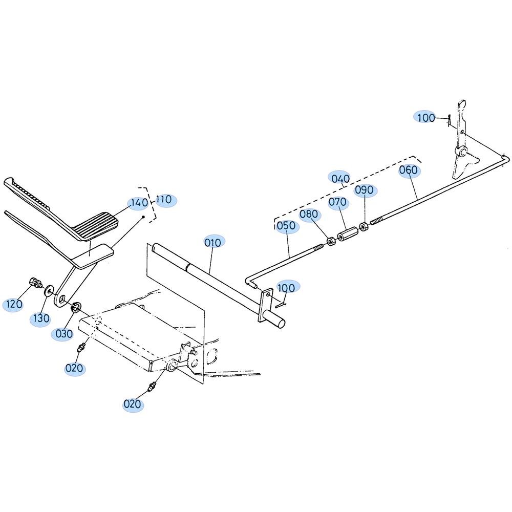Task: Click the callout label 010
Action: click(213, 243)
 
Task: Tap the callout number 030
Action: click(64, 334)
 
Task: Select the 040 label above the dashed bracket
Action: click(340, 179)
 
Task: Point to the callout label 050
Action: click(286, 226)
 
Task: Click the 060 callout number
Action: click(408, 170)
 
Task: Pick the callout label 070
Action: click(337, 202)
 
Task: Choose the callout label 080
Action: click(309, 214)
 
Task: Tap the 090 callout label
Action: click(364, 190)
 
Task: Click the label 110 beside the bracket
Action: click(164, 200)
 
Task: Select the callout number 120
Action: click(14, 304)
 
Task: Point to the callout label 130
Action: click(41, 318)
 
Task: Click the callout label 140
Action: click(139, 203)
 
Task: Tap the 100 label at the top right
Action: click(426, 118)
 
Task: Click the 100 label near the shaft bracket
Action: click(286, 288)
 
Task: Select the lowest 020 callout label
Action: click(132, 404)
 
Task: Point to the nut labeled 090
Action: click(364, 226)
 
